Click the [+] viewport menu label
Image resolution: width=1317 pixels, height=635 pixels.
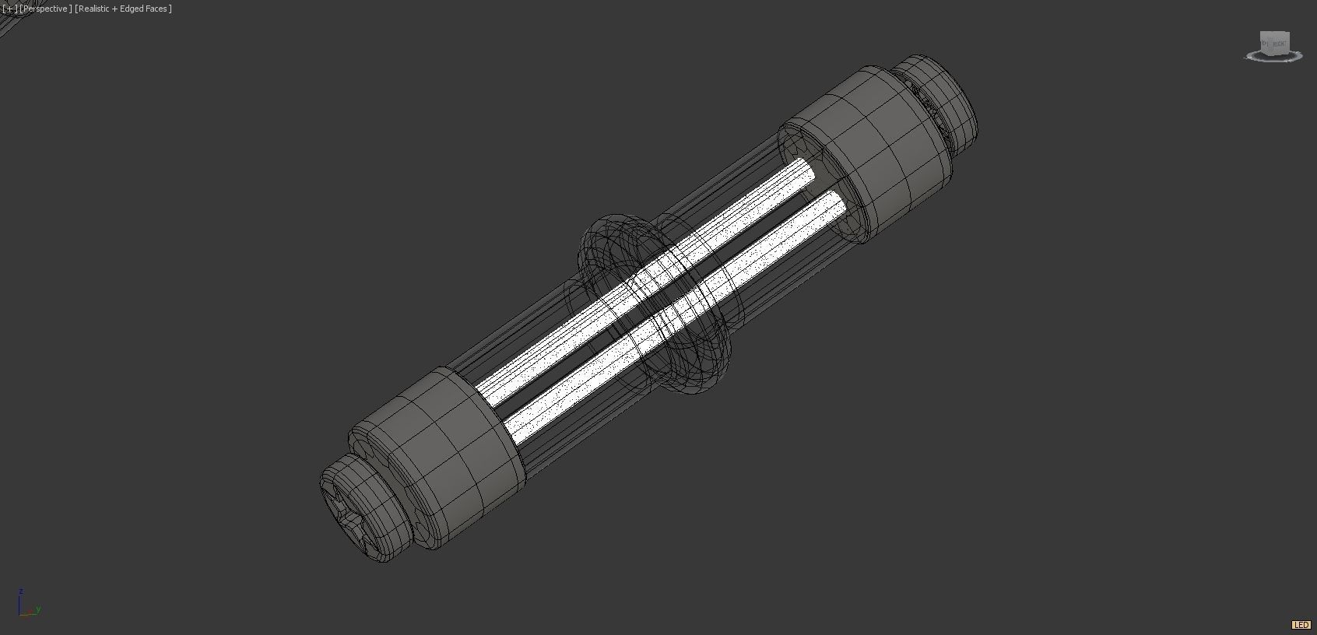pos(9,9)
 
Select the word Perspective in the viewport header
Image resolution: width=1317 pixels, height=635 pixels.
pos(47,9)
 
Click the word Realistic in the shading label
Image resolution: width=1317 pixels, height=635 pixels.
pos(93,9)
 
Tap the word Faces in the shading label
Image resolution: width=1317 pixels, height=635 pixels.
pos(156,9)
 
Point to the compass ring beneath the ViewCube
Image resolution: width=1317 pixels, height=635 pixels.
pos(1274,57)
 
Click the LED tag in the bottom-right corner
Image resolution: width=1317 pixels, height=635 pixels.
pos(1301,625)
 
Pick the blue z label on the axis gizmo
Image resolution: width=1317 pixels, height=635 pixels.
pos(21,592)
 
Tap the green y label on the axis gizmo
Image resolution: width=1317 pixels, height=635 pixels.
pos(38,609)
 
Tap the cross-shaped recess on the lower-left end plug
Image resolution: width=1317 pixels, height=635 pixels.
pos(346,510)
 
